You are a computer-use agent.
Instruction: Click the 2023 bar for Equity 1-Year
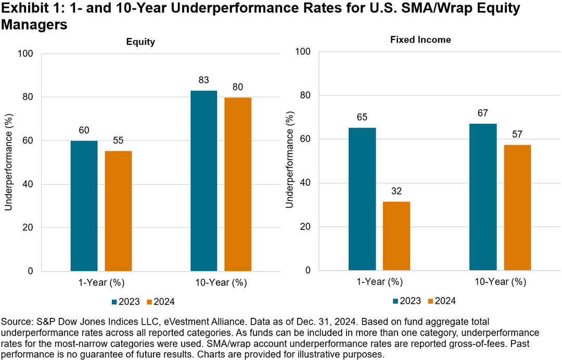coord(84,205)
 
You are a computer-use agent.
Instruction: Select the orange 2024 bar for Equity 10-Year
coord(238,184)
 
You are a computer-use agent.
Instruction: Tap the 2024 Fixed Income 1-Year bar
coord(397,236)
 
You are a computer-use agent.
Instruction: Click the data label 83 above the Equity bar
coord(203,81)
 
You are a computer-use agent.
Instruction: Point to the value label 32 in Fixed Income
coord(397,191)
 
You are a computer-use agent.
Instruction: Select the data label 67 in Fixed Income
coord(483,113)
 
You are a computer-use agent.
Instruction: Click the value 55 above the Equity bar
coord(118,140)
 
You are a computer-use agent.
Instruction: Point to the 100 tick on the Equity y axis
coord(26,54)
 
